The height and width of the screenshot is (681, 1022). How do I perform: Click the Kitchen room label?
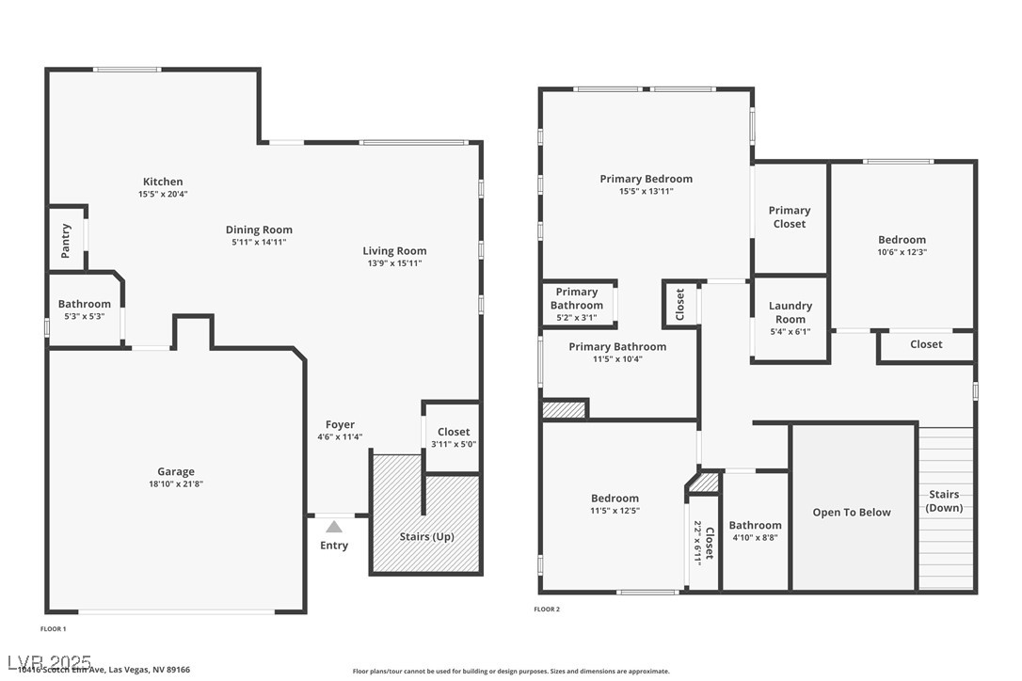163,182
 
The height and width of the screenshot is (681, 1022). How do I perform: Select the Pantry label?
66,240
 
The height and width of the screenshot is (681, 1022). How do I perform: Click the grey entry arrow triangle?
334,527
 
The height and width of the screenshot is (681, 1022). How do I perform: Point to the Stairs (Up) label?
427,536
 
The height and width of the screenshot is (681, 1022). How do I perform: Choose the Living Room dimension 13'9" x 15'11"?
394,263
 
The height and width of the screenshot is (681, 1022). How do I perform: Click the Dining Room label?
259,230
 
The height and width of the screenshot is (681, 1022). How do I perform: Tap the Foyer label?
340,424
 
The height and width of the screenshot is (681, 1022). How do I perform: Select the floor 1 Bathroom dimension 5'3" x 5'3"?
84,316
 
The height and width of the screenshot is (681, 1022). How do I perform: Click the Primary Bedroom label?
646,179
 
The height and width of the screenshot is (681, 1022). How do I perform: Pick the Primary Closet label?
789,217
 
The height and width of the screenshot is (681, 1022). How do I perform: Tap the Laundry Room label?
790,312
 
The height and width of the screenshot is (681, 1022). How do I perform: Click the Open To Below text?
852,513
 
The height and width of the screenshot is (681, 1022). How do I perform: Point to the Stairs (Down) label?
944,501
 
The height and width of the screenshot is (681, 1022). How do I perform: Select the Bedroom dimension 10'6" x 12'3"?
902,252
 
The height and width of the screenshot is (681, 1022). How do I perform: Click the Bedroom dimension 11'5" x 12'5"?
615,511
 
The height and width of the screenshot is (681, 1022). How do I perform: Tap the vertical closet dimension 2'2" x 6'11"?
697,541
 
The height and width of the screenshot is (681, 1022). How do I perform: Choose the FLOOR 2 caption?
547,610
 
